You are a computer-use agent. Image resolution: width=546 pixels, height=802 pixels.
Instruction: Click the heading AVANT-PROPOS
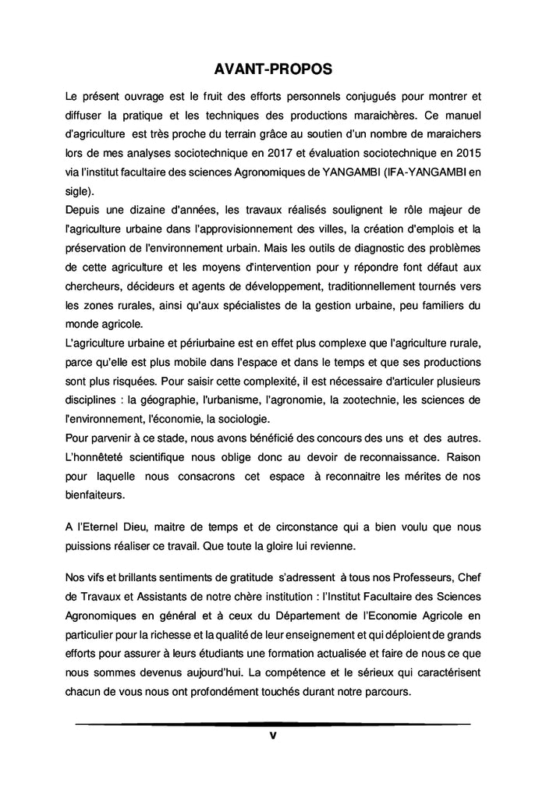273,69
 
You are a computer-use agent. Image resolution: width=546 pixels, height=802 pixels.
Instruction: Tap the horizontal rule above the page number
273,724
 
